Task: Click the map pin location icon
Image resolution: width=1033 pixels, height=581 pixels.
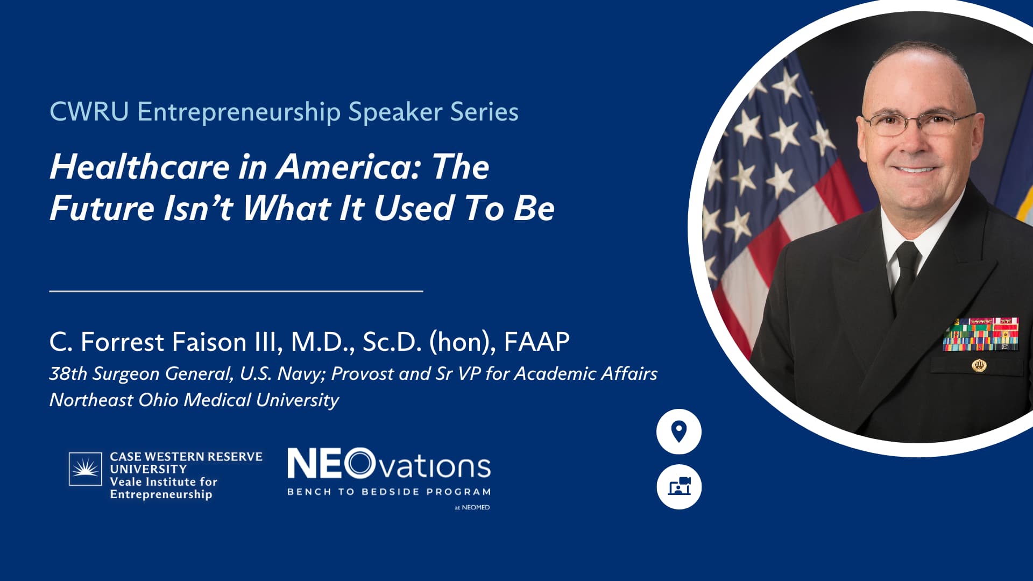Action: tap(679, 431)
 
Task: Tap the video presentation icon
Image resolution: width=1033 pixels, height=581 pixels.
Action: tap(679, 487)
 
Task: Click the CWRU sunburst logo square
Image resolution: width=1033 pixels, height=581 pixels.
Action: tap(85, 469)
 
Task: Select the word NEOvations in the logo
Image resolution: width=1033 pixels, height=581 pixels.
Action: tap(389, 464)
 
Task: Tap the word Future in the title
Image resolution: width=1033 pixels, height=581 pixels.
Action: tap(102, 208)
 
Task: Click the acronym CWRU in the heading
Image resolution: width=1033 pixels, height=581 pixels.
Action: tap(89, 112)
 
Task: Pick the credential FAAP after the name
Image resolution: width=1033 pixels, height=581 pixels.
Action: tap(536, 342)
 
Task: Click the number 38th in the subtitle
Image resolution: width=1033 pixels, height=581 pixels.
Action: tap(68, 373)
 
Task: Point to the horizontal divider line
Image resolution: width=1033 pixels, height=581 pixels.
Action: tap(236, 291)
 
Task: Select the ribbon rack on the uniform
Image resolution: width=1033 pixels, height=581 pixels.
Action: tap(981, 334)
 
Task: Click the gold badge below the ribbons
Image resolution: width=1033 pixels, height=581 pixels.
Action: tap(979, 366)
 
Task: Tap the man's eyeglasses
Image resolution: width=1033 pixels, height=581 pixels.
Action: tap(919, 124)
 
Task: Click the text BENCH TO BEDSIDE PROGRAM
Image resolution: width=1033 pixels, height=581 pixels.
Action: tap(389, 492)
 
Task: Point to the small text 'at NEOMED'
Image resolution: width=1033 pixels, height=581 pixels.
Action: tap(472, 507)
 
